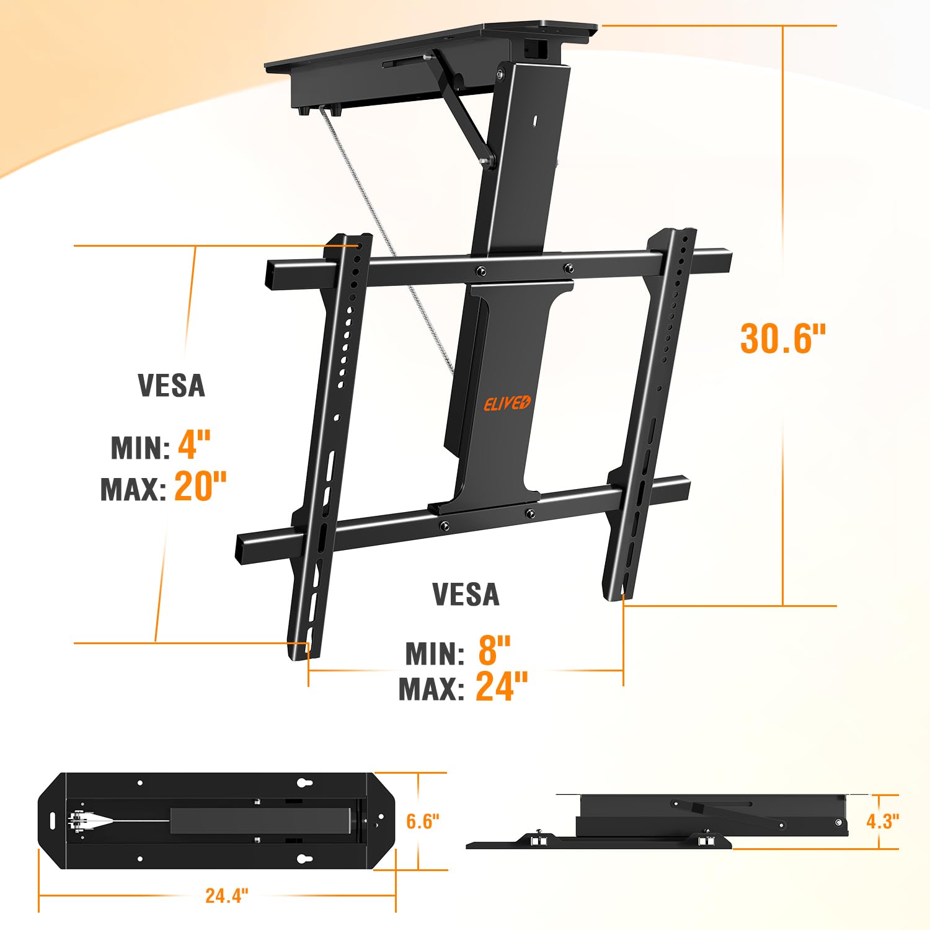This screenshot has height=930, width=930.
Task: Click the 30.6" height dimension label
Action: point(783,339)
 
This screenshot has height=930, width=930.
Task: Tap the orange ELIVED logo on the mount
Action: point(507,403)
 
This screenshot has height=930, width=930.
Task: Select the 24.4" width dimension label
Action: point(227,895)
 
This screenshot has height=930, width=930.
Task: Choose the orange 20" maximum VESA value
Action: point(200,486)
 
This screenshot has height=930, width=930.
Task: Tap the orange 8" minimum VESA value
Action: point(494,650)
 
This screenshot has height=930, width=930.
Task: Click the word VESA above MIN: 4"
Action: point(171,386)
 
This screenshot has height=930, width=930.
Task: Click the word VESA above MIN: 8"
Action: point(466,595)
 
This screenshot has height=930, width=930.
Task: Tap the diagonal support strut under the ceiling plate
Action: point(465,112)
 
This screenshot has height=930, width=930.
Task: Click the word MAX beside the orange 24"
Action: point(431,689)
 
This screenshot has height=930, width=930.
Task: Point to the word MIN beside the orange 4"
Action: point(140,448)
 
